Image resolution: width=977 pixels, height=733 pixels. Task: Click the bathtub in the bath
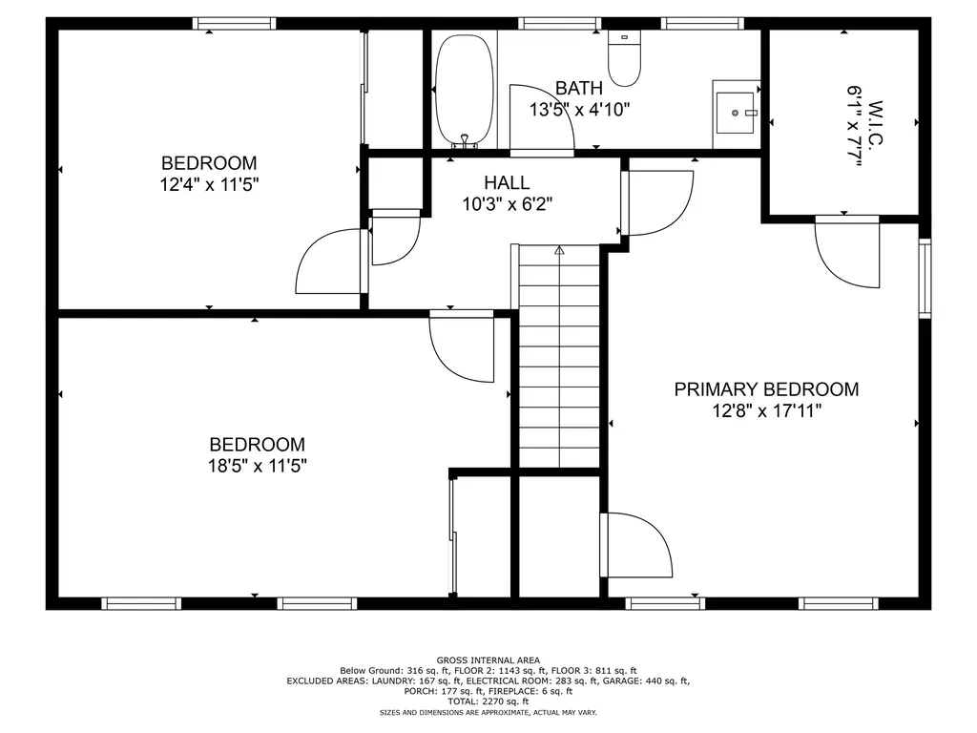point(465,92)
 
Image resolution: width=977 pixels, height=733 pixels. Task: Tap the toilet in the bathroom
point(624,58)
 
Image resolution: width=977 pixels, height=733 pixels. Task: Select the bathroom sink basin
point(736,113)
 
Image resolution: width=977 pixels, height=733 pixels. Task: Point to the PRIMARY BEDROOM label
point(766,389)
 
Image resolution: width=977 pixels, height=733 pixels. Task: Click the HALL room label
point(507,182)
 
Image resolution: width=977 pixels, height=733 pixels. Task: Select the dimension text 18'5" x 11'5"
point(258,466)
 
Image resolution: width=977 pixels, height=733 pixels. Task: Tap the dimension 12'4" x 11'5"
point(209,184)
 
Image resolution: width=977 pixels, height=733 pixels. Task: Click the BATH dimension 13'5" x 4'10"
point(579,110)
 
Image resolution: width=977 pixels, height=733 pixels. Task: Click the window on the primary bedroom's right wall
point(925,278)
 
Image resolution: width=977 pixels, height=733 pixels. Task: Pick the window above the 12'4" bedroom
point(234,24)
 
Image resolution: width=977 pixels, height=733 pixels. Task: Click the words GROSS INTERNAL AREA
point(488,660)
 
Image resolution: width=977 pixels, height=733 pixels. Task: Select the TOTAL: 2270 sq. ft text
point(488,702)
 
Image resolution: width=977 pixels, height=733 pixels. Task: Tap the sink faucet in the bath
point(751,113)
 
